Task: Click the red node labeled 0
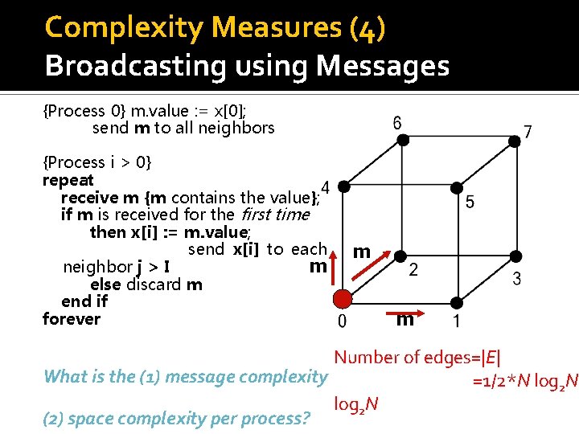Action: click(x=343, y=299)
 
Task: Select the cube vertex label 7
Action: click(x=527, y=131)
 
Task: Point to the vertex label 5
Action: click(x=469, y=202)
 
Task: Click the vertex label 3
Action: click(x=517, y=279)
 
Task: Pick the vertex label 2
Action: click(x=413, y=270)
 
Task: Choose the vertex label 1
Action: click(x=457, y=321)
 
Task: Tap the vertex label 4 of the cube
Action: click(x=325, y=186)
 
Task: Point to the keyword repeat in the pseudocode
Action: click(x=68, y=180)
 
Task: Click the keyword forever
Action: click(x=72, y=319)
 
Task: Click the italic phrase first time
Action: click(x=270, y=215)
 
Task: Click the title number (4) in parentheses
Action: click(x=368, y=27)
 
